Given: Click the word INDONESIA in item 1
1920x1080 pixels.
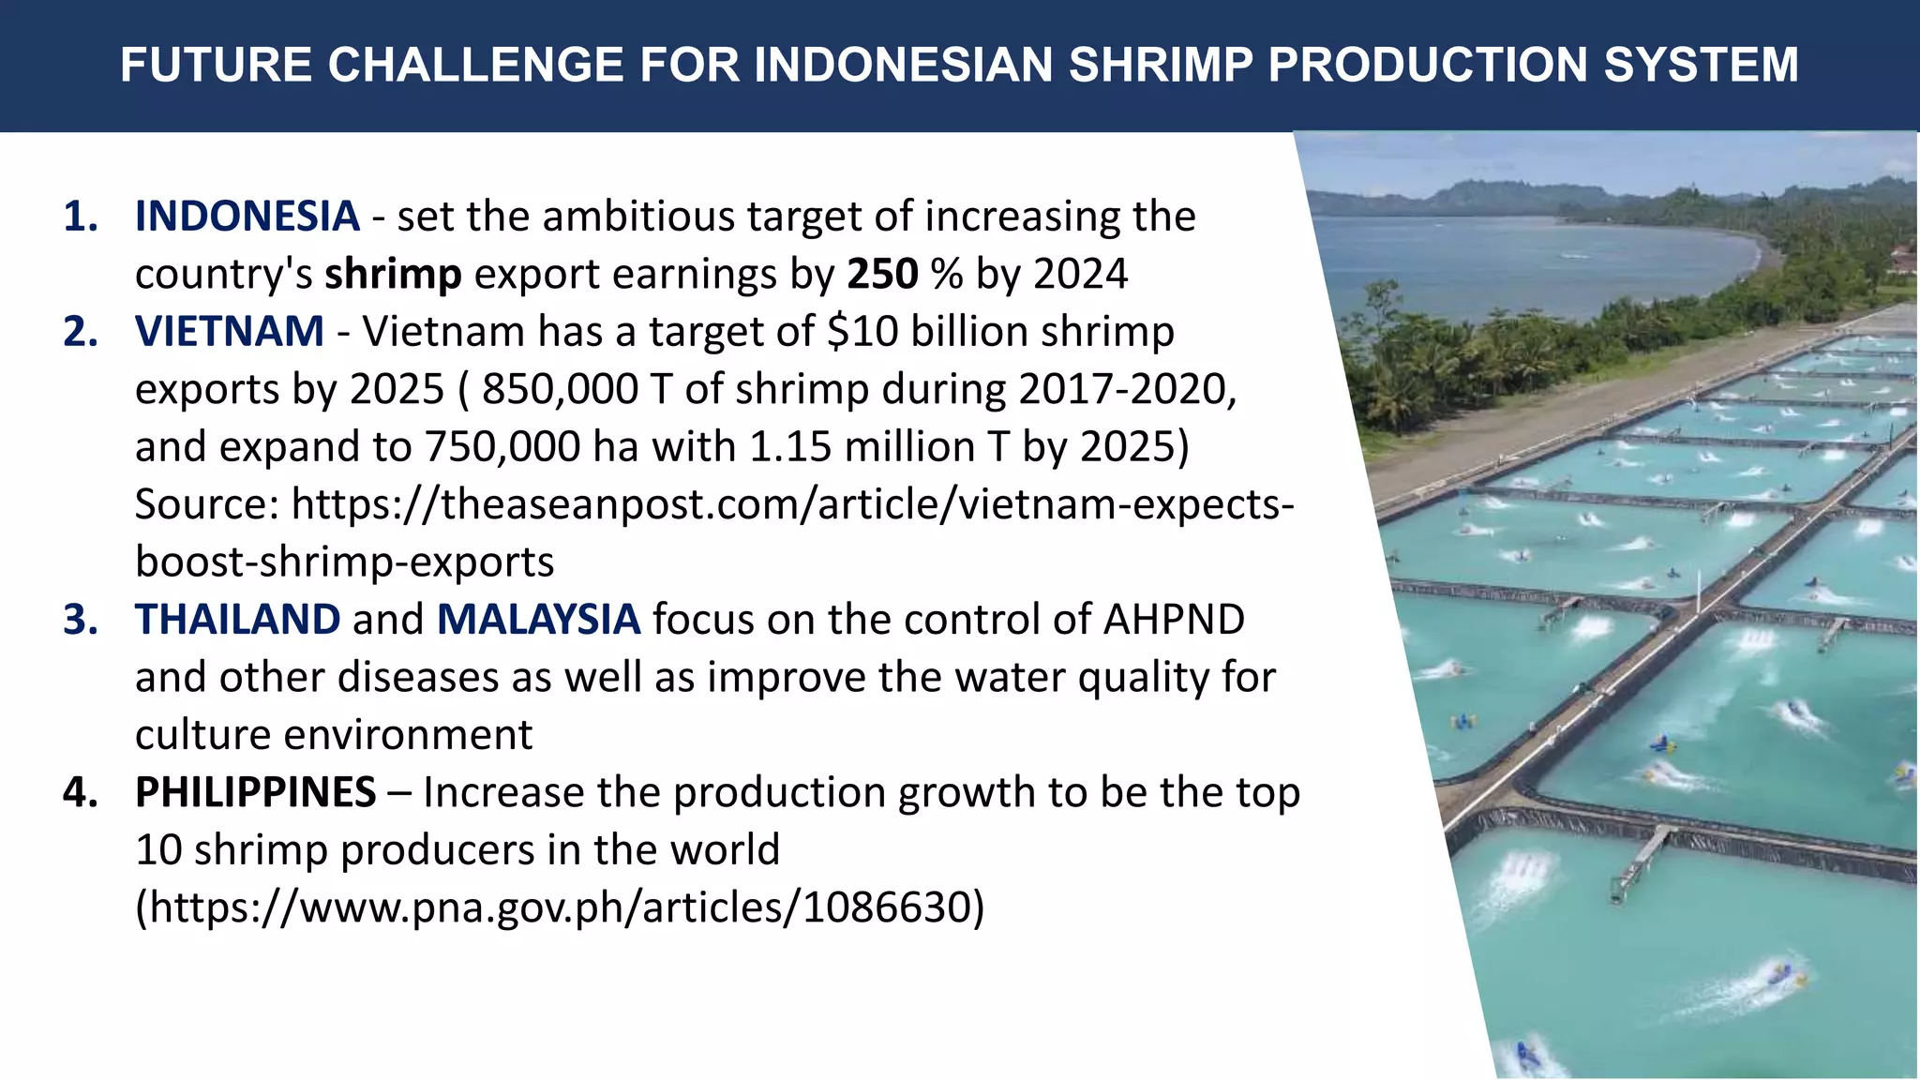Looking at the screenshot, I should click(x=247, y=217).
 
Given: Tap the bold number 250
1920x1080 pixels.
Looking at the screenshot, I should click(x=882, y=274).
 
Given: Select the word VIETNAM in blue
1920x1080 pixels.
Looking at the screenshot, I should click(x=230, y=332).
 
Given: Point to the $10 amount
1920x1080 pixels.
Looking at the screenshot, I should click(x=862, y=332).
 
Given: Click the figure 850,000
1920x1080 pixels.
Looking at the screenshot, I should click(x=560, y=389).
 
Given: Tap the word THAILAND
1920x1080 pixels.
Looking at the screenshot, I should click(x=237, y=620).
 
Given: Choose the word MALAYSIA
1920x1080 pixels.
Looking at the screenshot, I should click(x=538, y=620).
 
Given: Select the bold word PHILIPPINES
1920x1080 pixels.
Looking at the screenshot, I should click(x=255, y=792).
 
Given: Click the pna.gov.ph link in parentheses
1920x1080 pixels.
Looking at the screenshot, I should click(x=560, y=907).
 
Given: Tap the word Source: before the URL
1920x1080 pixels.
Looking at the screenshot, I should click(x=207, y=504).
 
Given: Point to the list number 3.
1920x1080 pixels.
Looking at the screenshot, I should click(x=81, y=620).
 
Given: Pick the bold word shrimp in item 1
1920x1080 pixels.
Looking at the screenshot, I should click(x=393, y=274).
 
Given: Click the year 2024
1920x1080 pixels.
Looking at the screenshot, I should click(x=1081, y=274).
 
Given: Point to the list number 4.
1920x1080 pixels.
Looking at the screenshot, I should click(x=81, y=792).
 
